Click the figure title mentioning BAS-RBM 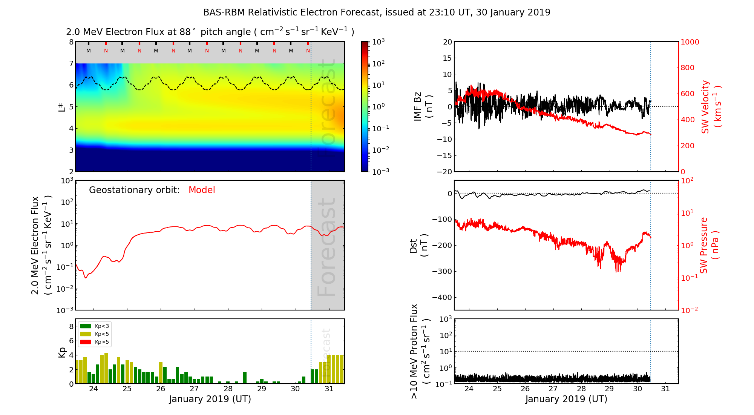[x=377, y=12]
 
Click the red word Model [x=202, y=190]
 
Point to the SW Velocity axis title [x=711, y=107]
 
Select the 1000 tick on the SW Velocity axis [x=690, y=42]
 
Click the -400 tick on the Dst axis [x=442, y=297]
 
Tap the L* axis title [x=62, y=107]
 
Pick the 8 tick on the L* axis [x=71, y=42]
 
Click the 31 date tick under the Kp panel [x=329, y=389]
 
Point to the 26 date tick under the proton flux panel [x=525, y=389]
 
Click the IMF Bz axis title [x=423, y=107]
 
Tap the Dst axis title [x=418, y=245]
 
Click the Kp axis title [x=62, y=352]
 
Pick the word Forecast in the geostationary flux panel [x=326, y=247]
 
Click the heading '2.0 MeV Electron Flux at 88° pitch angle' [x=210, y=32]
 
